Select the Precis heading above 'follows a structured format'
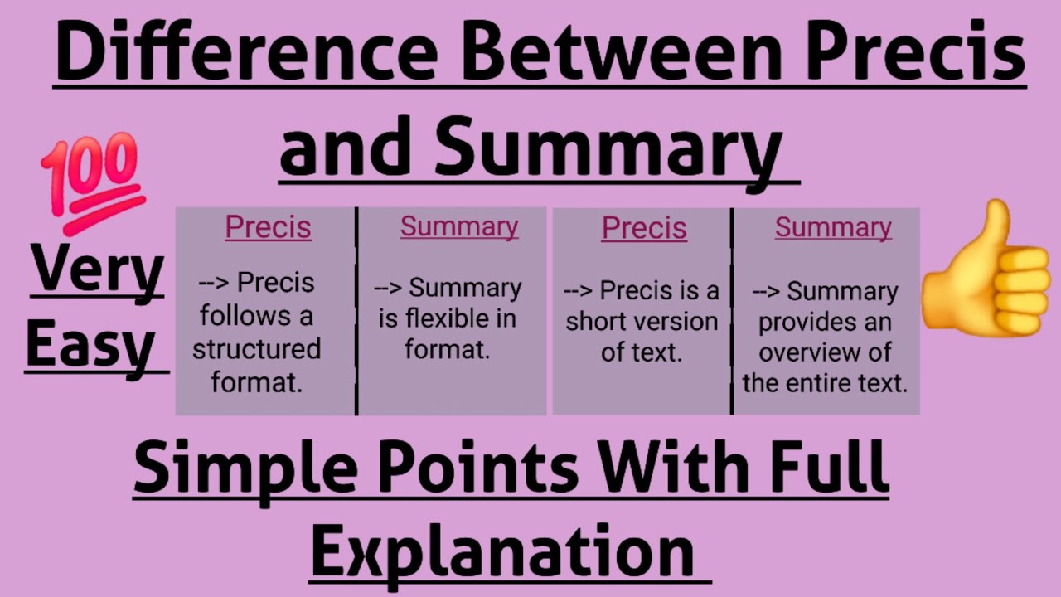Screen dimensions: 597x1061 point(268,227)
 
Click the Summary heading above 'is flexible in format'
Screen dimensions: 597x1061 point(459,226)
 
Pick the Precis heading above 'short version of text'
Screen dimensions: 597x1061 point(644,228)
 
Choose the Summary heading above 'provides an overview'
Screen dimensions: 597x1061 point(833,227)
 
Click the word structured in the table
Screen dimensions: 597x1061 point(256,349)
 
